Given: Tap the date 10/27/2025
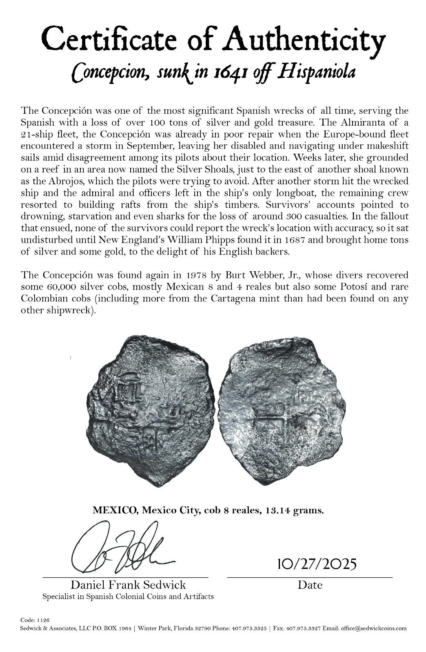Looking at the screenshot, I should pos(317,564).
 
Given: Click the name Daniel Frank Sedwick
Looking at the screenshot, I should pos(128,585).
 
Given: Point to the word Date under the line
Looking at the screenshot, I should pos(310,585).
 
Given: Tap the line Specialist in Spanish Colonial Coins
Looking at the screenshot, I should pos(128,597).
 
